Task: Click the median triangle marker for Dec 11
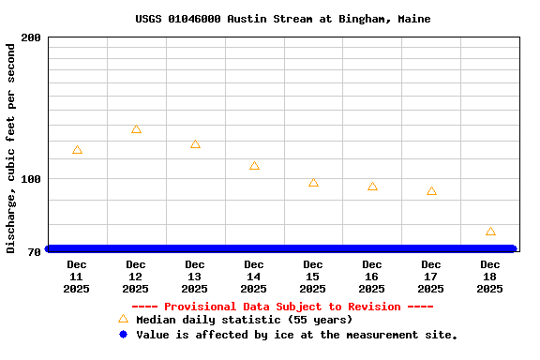[77, 150]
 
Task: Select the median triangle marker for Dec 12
[136, 129]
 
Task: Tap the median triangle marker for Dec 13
[195, 144]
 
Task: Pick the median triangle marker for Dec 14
[254, 166]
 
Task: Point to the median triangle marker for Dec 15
[313, 183]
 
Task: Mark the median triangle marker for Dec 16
[372, 187]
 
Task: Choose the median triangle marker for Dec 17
[431, 191]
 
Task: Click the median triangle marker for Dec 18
[490, 232]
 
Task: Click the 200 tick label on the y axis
[31, 37]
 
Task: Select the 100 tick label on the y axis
[31, 179]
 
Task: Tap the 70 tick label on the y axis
[34, 252]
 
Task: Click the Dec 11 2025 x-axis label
[77, 277]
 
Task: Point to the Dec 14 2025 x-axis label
[254, 277]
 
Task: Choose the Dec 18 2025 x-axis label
[490, 277]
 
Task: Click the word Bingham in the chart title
[367, 19]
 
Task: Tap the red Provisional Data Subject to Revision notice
[282, 307]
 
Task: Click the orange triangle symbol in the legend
[123, 319]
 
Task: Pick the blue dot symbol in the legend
[123, 335]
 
